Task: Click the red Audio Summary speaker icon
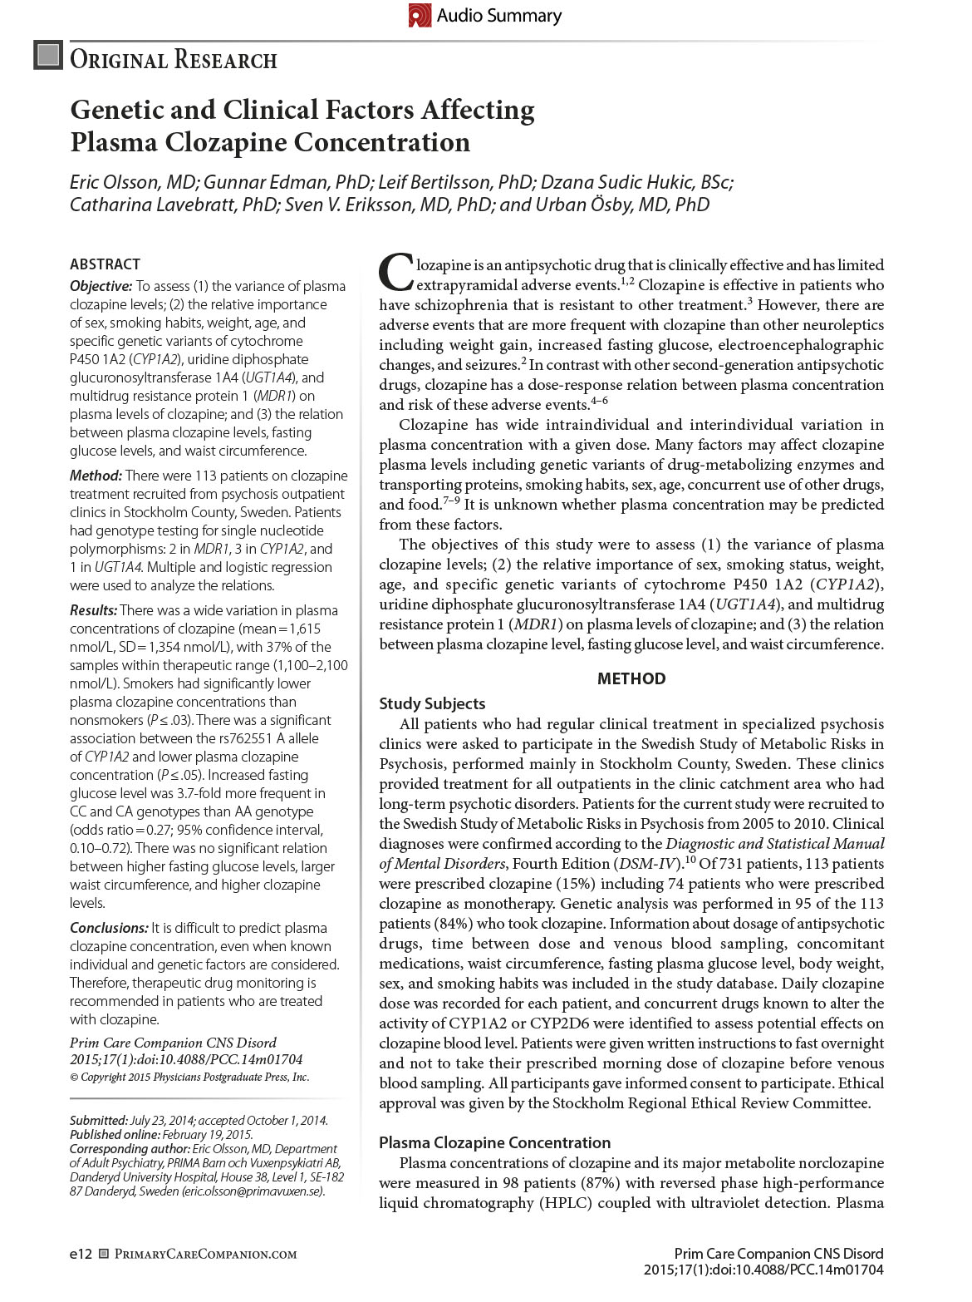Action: point(420,15)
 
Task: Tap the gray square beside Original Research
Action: point(48,55)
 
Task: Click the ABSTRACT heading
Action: point(105,264)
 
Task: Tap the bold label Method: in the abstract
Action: point(96,476)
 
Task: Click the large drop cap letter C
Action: point(395,272)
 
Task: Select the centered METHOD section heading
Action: point(631,678)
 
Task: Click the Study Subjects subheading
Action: point(432,703)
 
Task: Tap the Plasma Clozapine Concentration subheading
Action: point(494,1142)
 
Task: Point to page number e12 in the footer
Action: point(81,1254)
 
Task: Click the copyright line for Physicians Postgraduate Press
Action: point(189,1077)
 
